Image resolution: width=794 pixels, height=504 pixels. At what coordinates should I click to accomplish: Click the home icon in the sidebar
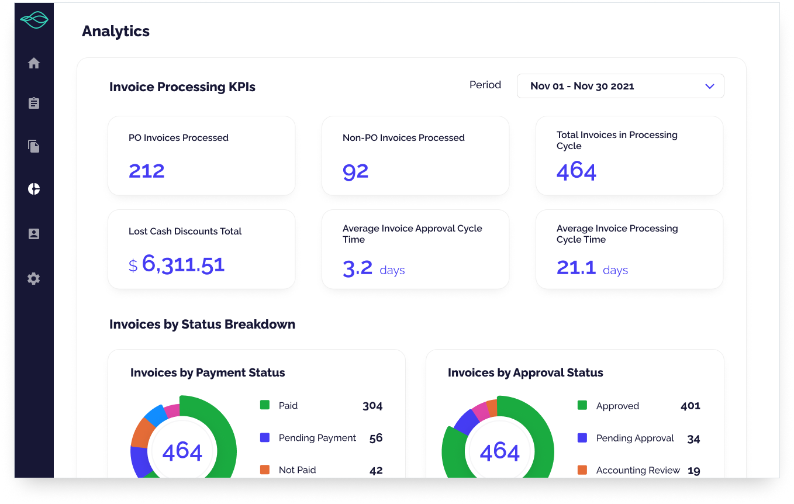tap(34, 63)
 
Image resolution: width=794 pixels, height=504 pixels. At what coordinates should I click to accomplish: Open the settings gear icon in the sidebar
tap(34, 278)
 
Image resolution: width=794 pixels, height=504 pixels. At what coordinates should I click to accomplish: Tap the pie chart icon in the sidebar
tap(34, 189)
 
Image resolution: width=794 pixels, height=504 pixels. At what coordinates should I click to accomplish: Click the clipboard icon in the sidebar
tap(34, 103)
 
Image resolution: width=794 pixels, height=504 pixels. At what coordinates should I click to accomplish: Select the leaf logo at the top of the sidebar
tap(34, 21)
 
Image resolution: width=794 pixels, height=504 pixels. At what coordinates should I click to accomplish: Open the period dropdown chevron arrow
tap(710, 86)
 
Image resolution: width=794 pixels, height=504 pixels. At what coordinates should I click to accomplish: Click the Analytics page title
tap(116, 32)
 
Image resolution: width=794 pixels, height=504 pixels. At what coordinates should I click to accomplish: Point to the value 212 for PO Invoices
tap(147, 171)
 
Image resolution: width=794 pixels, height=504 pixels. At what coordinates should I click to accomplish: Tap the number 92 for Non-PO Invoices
tap(355, 171)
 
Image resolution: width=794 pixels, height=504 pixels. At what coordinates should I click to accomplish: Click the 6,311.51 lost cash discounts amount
tap(183, 264)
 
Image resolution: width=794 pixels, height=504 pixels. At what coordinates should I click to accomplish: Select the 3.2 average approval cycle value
tap(357, 268)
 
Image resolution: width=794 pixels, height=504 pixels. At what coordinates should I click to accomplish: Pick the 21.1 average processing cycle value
tap(576, 268)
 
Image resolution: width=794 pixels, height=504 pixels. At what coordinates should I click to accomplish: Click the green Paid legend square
tap(265, 405)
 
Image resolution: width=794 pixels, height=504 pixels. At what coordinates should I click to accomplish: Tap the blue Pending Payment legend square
tap(265, 437)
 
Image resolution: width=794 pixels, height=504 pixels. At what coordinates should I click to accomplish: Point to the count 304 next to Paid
tap(372, 406)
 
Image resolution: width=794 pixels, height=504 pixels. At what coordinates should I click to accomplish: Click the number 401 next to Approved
tap(690, 406)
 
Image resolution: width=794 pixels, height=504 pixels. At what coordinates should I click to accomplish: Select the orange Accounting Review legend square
tap(582, 470)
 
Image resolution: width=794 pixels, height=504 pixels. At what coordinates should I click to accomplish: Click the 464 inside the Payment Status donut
tap(182, 451)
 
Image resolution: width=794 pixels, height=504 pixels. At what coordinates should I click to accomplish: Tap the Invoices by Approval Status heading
tap(525, 372)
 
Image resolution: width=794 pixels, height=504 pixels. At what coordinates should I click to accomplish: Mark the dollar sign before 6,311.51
tap(133, 266)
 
